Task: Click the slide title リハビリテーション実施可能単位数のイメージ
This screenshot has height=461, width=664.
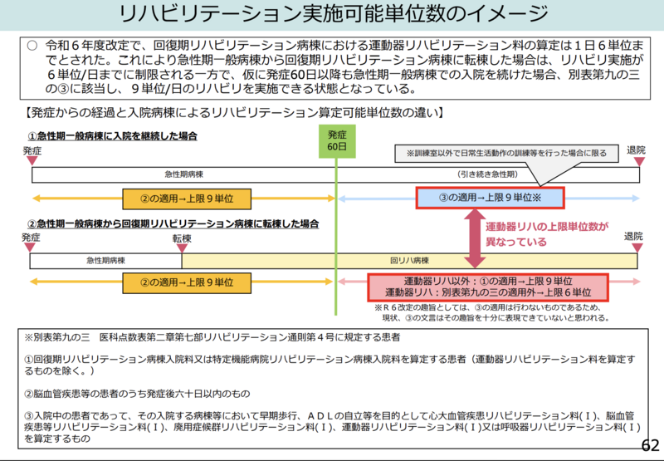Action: [332, 15]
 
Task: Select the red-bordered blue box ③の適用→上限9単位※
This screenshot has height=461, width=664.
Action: [490, 198]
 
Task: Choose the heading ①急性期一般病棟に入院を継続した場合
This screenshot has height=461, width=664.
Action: [114, 136]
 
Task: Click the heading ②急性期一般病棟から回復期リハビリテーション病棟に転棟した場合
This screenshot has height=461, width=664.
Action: [174, 224]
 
